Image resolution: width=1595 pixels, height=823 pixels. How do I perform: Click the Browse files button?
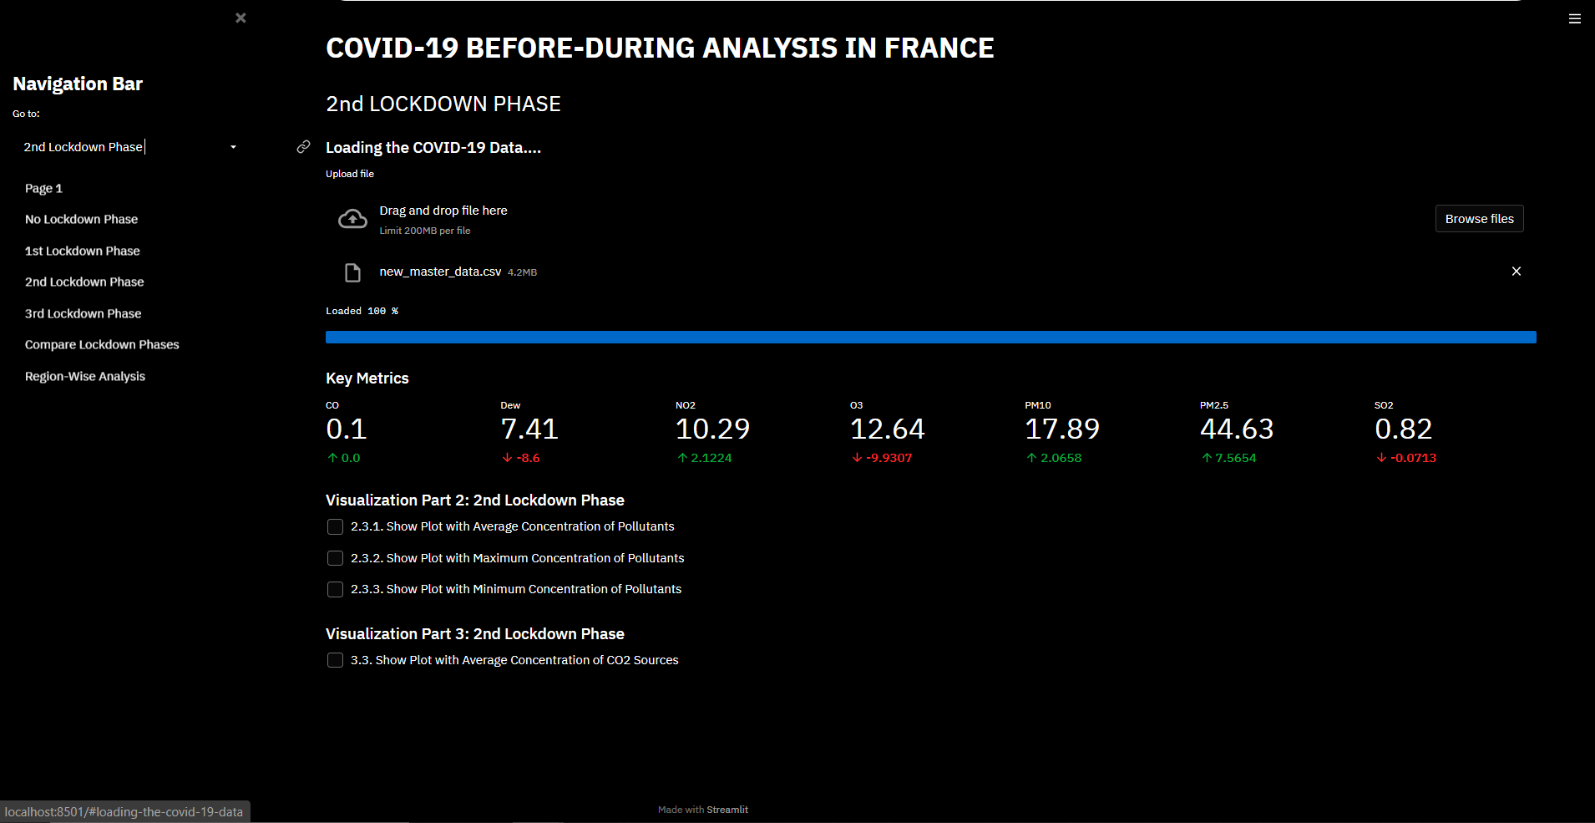tap(1479, 219)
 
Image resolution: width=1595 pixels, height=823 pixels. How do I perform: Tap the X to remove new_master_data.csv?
tap(1517, 272)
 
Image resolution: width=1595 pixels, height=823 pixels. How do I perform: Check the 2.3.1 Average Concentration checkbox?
tap(335, 527)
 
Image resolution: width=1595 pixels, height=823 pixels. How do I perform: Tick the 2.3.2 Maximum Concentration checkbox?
tap(335, 558)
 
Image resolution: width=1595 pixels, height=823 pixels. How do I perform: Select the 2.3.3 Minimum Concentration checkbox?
tap(335, 590)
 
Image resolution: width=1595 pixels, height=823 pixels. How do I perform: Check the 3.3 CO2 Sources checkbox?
tap(335, 661)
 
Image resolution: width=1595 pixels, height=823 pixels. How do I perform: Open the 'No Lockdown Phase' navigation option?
tap(81, 220)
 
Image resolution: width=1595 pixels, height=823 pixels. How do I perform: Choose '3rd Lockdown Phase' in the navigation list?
tap(83, 314)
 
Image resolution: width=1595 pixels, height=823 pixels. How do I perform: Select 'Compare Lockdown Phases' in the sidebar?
tap(102, 345)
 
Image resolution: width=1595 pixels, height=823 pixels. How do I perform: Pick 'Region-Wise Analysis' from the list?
tap(85, 377)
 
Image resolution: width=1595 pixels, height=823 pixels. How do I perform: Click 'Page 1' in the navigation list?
tap(43, 189)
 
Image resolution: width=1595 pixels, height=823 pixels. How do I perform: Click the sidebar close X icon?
tap(241, 18)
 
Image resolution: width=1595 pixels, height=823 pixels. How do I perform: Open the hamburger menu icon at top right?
tap(1575, 18)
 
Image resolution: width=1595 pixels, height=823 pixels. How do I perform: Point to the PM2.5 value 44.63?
tap(1236, 429)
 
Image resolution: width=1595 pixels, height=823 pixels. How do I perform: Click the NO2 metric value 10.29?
tap(712, 429)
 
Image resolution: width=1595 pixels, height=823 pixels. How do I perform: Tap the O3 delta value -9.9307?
tap(889, 459)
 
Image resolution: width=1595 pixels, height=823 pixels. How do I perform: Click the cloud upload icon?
tap(352, 219)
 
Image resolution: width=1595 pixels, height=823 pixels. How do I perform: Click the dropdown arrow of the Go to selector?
tap(234, 147)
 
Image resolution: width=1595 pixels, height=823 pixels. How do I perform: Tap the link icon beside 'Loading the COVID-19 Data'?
tap(303, 147)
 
